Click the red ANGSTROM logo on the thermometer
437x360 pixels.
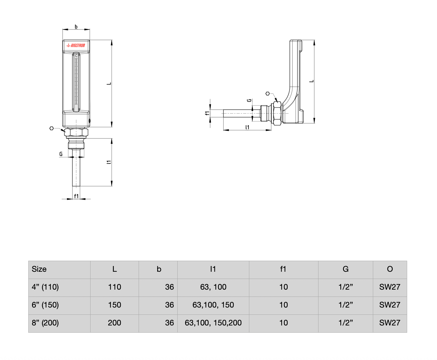coord(76,46)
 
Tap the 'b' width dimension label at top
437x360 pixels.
coord(76,27)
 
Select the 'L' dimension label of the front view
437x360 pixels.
coord(109,84)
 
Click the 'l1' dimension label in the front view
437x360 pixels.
coord(109,162)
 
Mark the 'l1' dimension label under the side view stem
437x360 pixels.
coord(247,127)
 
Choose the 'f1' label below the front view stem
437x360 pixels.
coord(76,196)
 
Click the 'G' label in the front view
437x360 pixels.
coord(61,154)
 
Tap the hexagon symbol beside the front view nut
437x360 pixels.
coord(52,128)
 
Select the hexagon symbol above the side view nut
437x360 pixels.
coord(268,93)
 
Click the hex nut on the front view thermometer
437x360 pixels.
coord(76,133)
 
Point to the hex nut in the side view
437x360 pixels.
coord(277,113)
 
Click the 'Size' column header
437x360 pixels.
coord(39,269)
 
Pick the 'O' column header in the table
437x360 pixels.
coord(390,269)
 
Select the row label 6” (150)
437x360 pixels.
coord(45,305)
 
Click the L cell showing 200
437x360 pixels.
coord(114,323)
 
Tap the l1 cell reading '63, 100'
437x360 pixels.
coord(213,287)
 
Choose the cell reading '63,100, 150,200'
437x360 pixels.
coord(213,323)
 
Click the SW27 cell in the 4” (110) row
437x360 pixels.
coord(390,287)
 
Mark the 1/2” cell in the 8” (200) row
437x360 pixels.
coord(346,323)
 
